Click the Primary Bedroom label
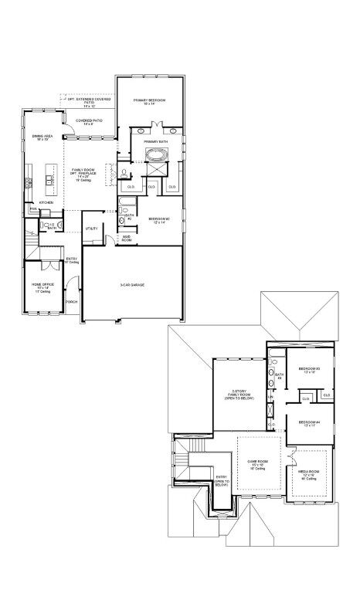(150, 101)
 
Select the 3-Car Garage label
(132, 285)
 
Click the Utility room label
(91, 229)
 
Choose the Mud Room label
(126, 239)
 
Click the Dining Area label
(42, 137)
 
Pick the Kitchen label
(46, 202)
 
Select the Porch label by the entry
(71, 301)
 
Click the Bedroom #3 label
(310, 370)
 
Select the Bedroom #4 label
(309, 422)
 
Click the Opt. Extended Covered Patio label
(89, 101)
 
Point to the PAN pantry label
(33, 209)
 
